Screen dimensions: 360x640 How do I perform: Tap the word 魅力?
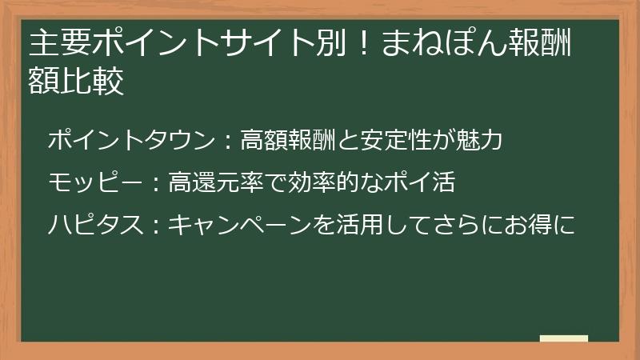pos(482,141)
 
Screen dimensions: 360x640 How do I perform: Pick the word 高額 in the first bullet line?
pos(259,141)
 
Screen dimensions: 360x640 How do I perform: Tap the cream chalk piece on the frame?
pos(563,338)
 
